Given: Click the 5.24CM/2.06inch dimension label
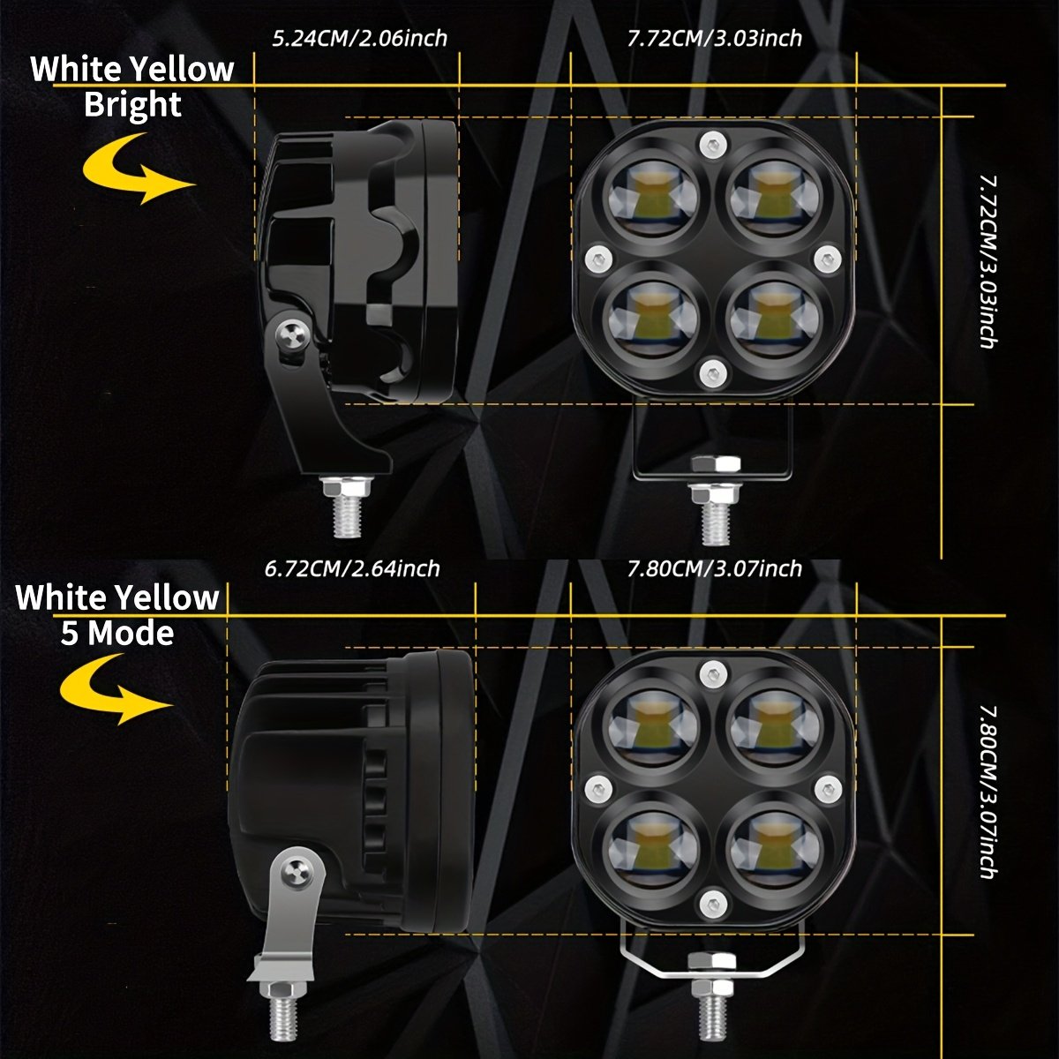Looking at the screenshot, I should (359, 39).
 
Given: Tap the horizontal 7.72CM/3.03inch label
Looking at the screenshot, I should (714, 39).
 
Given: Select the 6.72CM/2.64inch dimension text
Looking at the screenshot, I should (352, 569).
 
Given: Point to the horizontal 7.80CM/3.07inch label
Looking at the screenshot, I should (714, 569).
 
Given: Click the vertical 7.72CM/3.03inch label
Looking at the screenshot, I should (988, 260).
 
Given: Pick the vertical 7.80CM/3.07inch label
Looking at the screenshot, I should (988, 791).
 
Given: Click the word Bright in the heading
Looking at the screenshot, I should (132, 105).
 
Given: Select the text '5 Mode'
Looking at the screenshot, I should (116, 634).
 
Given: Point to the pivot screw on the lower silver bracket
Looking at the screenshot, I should (293, 875).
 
